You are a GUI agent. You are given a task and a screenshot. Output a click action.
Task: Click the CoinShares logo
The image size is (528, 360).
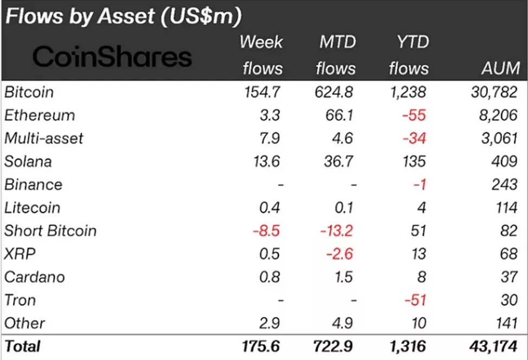click(113, 56)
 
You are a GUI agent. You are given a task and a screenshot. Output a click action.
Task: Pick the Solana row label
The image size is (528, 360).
click(28, 162)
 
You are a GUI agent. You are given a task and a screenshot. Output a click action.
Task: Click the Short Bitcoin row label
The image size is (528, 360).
click(50, 231)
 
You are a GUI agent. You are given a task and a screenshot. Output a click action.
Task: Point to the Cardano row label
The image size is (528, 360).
click(35, 277)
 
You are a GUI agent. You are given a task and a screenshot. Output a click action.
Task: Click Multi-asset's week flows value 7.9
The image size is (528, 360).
click(269, 138)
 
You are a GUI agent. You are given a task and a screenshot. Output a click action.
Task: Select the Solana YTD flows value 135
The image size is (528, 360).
click(413, 162)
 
